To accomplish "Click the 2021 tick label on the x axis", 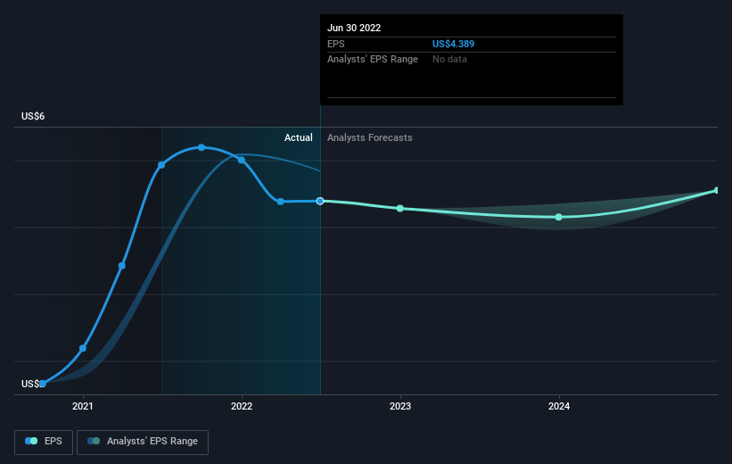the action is (83, 406).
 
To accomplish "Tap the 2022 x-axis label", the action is (242, 406).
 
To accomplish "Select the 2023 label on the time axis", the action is (400, 406).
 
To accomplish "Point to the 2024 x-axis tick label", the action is (559, 406).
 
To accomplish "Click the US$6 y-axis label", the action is (33, 116).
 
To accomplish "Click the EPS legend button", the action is (44, 442).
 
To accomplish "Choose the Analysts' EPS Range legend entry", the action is (143, 442).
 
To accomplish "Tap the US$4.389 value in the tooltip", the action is (453, 44).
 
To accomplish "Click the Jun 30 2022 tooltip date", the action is (354, 28).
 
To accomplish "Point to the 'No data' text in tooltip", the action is (449, 59).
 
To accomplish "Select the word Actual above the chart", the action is (299, 137).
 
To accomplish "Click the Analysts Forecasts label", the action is (370, 137).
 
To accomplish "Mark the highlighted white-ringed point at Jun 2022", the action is (320, 201).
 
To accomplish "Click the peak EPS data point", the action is (202, 147).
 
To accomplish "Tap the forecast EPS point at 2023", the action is (400, 209).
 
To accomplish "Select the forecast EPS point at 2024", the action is (559, 217).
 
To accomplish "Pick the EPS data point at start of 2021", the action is (83, 348).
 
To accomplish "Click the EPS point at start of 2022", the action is (242, 160).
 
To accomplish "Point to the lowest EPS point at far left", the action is (43, 384).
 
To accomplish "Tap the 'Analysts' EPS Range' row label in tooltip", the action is (373, 59).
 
